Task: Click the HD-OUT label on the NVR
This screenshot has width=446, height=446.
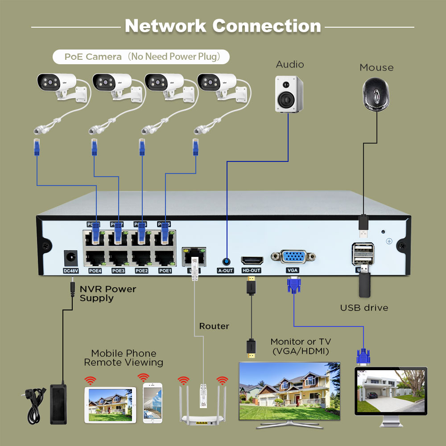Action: pyautogui.click(x=251, y=271)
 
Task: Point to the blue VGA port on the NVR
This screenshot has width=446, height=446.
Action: pyautogui.click(x=293, y=258)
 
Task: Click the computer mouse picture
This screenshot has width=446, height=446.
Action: pyautogui.click(x=376, y=94)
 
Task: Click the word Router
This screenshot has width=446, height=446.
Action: pyautogui.click(x=214, y=326)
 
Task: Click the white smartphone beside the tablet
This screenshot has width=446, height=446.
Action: pyautogui.click(x=153, y=403)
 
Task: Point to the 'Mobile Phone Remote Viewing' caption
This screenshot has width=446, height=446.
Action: pyautogui.click(x=124, y=358)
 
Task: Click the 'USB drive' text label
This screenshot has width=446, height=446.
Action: pyautogui.click(x=364, y=308)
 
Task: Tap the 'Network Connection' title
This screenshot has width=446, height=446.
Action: pyautogui.click(x=223, y=26)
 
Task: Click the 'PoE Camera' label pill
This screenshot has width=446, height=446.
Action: pyautogui.click(x=141, y=57)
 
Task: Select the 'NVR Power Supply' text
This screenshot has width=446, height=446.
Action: pyautogui.click(x=108, y=293)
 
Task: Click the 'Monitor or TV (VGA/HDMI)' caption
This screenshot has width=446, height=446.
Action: pyautogui.click(x=301, y=347)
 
